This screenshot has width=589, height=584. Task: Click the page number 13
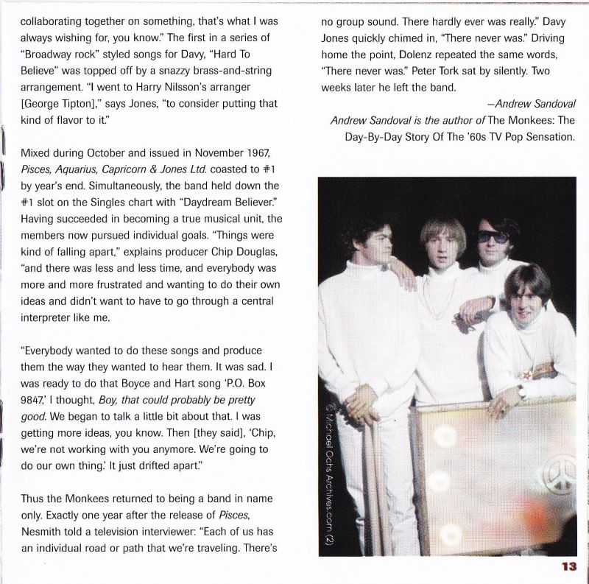point(568,566)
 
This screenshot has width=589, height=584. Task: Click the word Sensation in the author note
point(542,137)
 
